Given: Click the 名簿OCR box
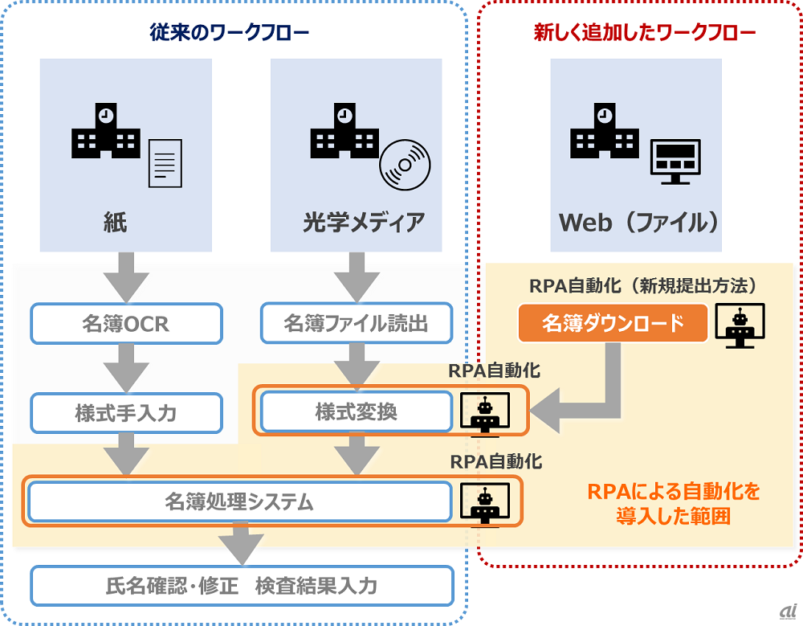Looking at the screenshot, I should click(x=125, y=323).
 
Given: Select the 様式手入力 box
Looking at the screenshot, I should click(x=125, y=413).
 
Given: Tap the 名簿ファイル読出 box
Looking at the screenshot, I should click(x=356, y=323).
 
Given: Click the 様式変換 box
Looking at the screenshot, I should click(x=356, y=412).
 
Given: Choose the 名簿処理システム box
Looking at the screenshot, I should click(x=239, y=502).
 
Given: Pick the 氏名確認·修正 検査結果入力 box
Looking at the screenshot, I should click(x=241, y=586).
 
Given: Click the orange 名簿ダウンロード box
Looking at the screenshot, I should click(x=613, y=323).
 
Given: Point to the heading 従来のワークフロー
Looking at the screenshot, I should click(x=230, y=33).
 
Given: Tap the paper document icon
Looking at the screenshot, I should click(x=165, y=162).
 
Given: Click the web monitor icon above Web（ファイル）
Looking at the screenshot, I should click(x=675, y=161).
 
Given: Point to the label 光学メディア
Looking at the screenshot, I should click(x=364, y=222).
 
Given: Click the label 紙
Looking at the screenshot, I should click(x=115, y=222).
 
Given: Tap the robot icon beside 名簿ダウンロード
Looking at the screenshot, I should click(x=740, y=325).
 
